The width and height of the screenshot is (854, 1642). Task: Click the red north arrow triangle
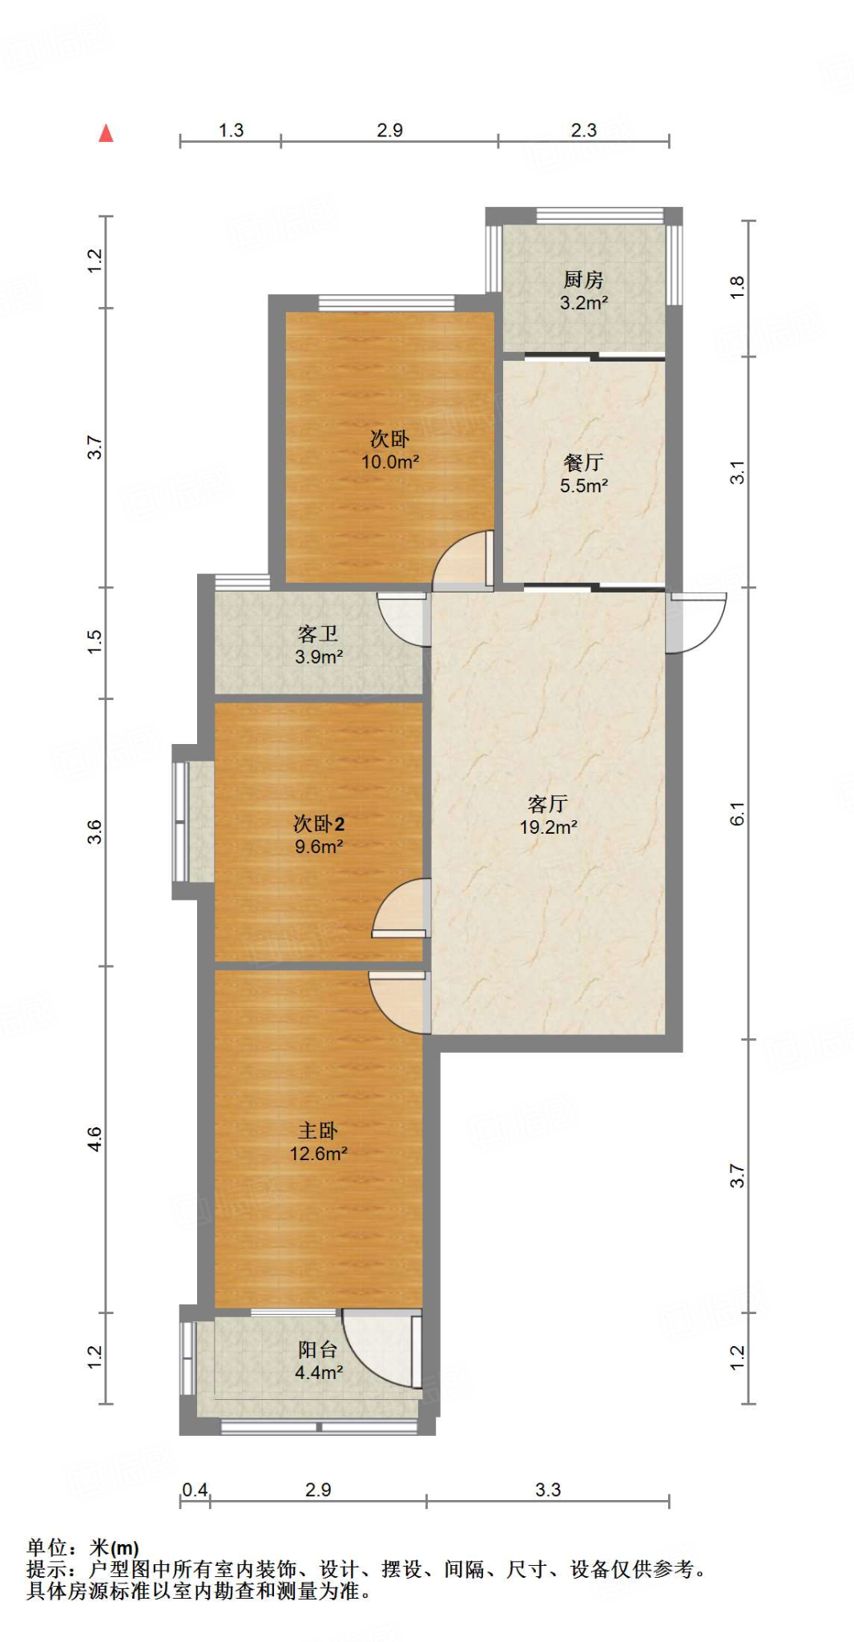(x=106, y=133)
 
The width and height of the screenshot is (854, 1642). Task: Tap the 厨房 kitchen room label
(x=583, y=280)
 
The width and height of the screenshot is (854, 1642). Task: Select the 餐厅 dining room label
(x=583, y=463)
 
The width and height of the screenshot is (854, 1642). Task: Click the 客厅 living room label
(x=548, y=803)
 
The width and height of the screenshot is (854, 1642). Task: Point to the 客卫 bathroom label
(x=318, y=634)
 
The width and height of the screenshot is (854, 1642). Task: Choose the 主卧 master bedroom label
(x=318, y=1130)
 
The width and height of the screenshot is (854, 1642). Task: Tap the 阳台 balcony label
(x=318, y=1349)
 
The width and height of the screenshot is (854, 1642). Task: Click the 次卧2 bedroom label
(x=319, y=823)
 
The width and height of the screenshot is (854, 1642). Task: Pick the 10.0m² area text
(x=390, y=462)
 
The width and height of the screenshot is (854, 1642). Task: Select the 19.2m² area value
(x=548, y=827)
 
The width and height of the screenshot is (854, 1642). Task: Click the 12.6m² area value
(x=318, y=1154)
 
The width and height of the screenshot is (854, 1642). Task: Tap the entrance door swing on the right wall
(x=699, y=622)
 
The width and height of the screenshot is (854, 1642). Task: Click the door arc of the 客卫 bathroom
(x=403, y=618)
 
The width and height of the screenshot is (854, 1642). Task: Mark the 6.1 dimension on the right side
(x=737, y=814)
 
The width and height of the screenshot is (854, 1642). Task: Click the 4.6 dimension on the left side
(x=95, y=1139)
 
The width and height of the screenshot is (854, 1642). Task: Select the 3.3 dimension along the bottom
(x=548, y=1490)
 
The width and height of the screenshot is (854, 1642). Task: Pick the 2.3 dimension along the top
(x=583, y=130)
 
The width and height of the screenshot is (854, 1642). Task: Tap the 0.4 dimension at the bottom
(x=195, y=1490)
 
